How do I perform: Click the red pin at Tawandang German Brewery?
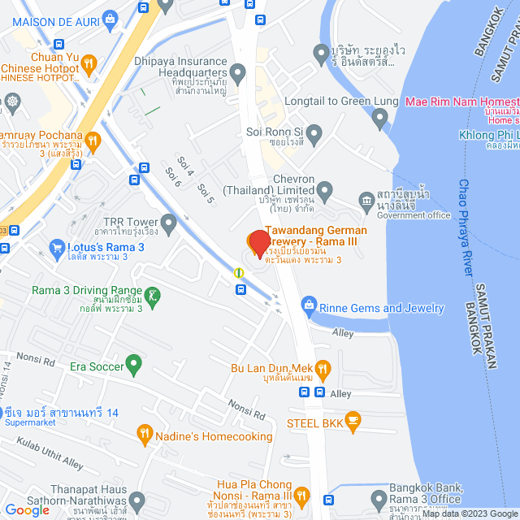coord(259,244)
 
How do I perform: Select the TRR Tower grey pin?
coord(169,221)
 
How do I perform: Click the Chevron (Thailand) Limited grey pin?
coord(325,193)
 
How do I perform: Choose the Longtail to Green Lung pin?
coord(379,119)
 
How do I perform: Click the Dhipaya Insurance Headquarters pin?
coord(237,76)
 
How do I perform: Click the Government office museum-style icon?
coord(365,200)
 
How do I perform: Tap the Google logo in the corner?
coord(27,509)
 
